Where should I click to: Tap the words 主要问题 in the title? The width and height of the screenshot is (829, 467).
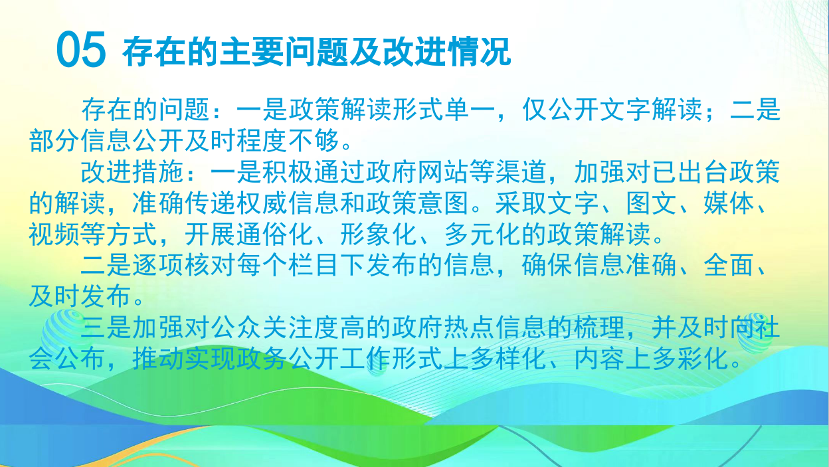click(x=284, y=51)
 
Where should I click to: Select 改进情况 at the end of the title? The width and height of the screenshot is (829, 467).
click(x=446, y=51)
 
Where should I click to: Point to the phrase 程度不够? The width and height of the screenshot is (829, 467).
click(x=288, y=141)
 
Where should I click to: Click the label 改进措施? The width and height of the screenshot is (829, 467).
click(x=132, y=173)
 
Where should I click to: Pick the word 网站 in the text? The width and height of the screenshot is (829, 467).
click(x=442, y=173)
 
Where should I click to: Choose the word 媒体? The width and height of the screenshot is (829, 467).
click(x=728, y=203)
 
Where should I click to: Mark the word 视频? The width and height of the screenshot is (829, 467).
click(x=54, y=234)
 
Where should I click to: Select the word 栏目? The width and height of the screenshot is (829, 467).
click(x=314, y=266)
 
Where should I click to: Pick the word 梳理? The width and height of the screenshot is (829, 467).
click(x=599, y=328)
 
